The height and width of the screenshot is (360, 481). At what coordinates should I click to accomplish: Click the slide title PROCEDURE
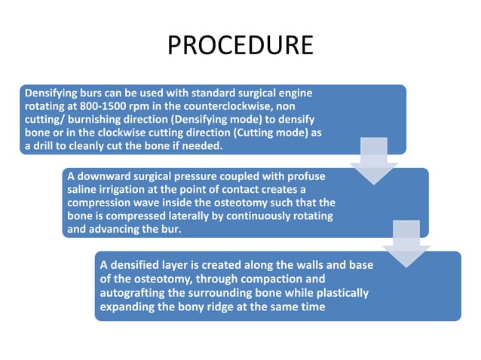240,45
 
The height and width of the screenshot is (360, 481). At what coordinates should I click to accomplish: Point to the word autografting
135,292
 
